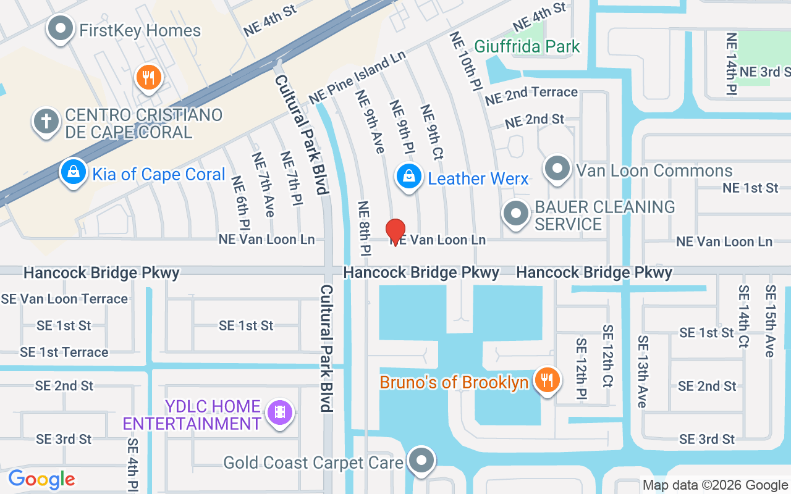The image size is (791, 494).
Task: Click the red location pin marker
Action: (395, 232)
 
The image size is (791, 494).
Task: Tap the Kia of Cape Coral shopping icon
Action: (74, 172)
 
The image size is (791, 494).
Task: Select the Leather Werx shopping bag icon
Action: (408, 177)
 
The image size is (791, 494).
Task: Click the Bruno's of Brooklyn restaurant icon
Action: (546, 380)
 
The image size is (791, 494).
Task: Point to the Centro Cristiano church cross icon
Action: (46, 121)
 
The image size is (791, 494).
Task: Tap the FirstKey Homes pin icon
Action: (61, 29)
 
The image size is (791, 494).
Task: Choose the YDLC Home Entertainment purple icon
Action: (280, 412)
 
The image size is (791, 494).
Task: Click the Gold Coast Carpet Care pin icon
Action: (422, 461)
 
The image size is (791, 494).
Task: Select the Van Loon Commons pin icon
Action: (557, 169)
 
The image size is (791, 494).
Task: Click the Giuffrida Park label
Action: (527, 46)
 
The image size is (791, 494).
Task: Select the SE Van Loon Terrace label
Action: (64, 299)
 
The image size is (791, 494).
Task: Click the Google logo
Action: (41, 479)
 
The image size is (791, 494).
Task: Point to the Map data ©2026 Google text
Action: (715, 485)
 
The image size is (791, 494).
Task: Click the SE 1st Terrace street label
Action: (64, 352)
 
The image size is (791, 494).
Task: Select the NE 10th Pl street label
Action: (466, 61)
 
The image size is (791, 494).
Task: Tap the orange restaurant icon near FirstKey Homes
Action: (148, 78)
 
